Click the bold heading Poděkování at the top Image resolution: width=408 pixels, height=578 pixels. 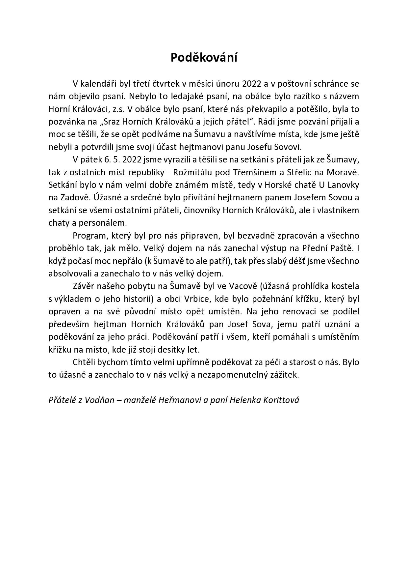[x=204, y=58]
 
